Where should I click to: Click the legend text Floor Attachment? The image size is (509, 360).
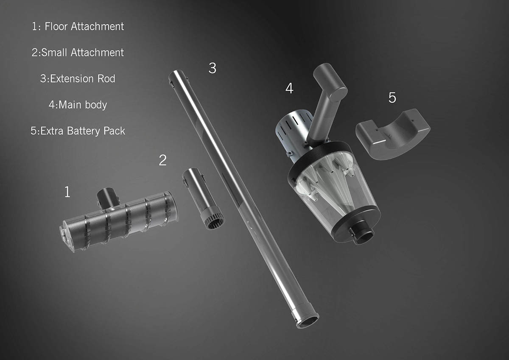pos(78,26)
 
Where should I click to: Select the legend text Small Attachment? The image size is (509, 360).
pos(78,53)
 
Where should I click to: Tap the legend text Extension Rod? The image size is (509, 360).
pos(78,79)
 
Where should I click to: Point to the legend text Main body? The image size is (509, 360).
pos(78,105)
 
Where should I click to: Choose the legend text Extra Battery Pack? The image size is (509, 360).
pos(78,131)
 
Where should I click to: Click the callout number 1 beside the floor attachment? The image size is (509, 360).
pos(67,193)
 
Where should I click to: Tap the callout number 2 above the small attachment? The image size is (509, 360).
pos(163,160)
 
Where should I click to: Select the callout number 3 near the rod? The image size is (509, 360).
pos(213,68)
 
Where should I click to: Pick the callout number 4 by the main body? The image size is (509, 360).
pos(289,89)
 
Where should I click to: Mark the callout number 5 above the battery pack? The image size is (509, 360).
pos(392,98)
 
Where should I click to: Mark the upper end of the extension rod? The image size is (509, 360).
pos(175,78)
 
